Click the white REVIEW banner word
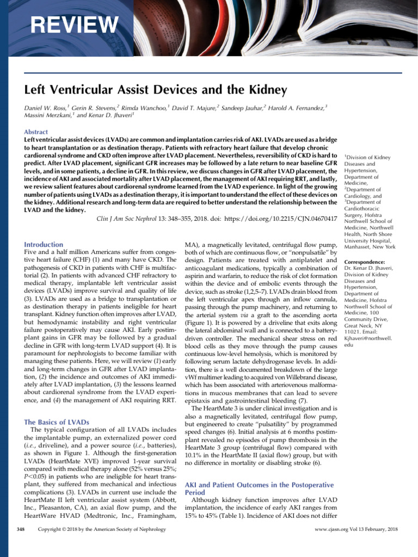tap(73, 24)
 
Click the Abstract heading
tap(36, 132)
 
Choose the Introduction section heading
tap(44, 245)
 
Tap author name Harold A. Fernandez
tap(297, 108)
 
